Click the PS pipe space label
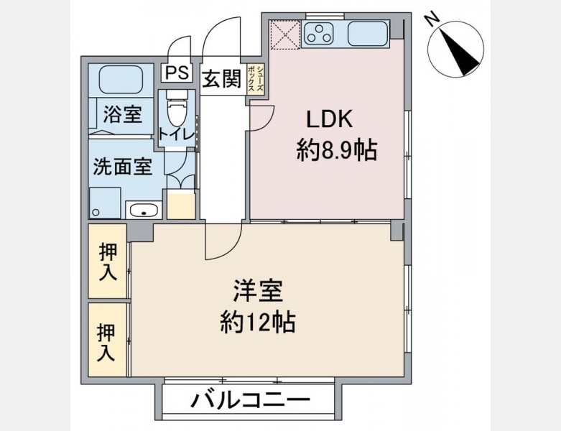coord(177,73)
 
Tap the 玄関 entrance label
coord(222,79)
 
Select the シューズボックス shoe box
coord(256,80)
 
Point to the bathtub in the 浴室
coord(121,80)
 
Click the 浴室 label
coord(123,115)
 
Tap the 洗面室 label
coord(123,167)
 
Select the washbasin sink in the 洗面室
coord(144,210)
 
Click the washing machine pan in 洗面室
coord(105,203)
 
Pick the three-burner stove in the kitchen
coord(318,33)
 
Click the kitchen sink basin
coord(368,34)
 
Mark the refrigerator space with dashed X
coord(285,34)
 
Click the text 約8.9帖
coord(336,150)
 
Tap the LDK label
coord(330,119)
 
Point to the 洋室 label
coord(258,291)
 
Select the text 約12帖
coord(258,323)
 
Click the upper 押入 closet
coord(108,260)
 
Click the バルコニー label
coord(251,400)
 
